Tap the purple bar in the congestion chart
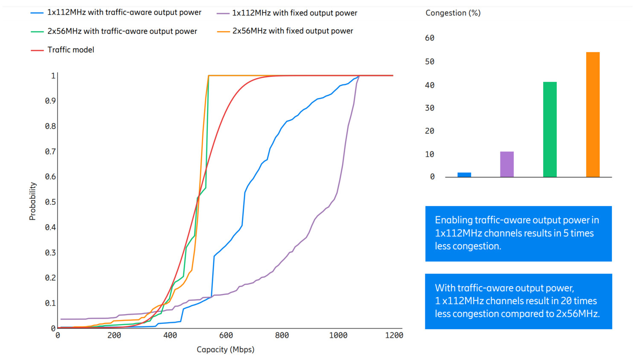click(507, 164)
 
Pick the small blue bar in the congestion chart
click(464, 174)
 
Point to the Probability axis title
click(32, 201)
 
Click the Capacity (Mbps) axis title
click(225, 349)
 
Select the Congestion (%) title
click(453, 13)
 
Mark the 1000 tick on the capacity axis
click(338, 336)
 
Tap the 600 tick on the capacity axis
click(226, 336)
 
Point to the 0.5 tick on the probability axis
click(50, 202)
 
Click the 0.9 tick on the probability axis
click(50, 101)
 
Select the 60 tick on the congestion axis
click(430, 38)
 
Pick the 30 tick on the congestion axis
click(430, 108)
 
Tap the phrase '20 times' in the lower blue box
click(579, 301)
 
